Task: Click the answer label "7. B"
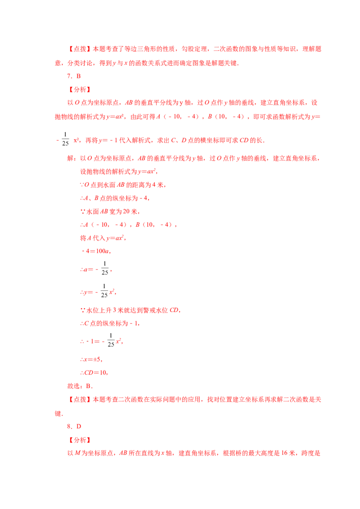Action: click(74, 76)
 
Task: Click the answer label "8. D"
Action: click(74, 426)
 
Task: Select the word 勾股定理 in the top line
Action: click(194, 49)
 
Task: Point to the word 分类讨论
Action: click(80, 63)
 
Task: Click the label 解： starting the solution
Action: click(73, 158)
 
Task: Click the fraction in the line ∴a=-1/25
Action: click(104, 268)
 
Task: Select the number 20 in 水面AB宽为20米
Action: click(126, 211)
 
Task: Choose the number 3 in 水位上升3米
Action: click(114, 310)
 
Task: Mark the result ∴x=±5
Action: click(91, 359)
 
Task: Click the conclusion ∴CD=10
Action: click(94, 373)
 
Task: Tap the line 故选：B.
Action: click(80, 386)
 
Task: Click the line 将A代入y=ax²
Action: click(103, 238)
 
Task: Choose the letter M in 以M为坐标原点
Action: click(78, 453)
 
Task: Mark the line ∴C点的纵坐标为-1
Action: click(110, 323)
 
